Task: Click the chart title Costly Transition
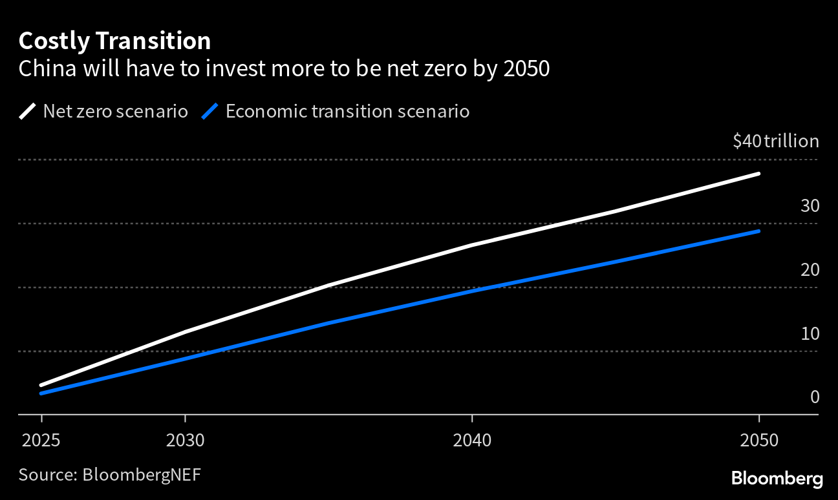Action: pos(114,41)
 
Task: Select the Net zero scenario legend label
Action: pos(115,112)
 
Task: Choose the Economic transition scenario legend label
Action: pos(347,112)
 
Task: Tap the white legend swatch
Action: pos(28,112)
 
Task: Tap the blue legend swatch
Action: pos(210,112)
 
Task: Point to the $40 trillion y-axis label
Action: pos(775,141)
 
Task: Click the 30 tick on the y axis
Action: pos(810,206)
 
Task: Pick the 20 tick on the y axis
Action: pos(810,270)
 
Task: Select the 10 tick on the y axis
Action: pos(810,334)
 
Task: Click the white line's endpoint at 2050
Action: pos(758,174)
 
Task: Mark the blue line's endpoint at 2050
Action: pos(758,231)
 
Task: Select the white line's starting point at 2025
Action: pos(41,385)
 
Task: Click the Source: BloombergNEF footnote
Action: pos(109,475)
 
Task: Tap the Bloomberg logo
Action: pos(777,479)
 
